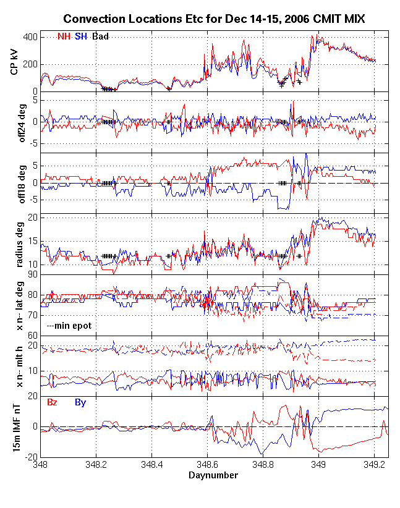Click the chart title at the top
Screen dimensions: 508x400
214,20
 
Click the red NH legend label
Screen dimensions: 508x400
64,36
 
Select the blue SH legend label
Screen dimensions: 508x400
80,36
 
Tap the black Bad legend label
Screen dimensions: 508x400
100,36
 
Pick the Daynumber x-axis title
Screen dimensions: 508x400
213,475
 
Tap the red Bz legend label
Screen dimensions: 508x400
53,403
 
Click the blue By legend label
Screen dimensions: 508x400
80,403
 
